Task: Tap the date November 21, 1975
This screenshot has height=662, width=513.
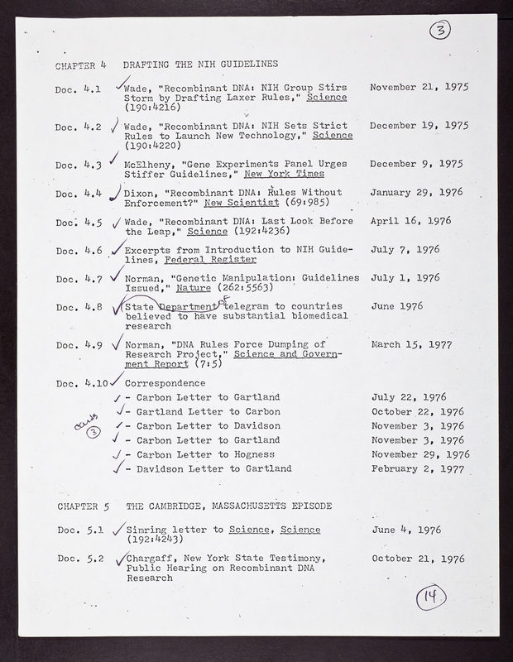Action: pos(420,87)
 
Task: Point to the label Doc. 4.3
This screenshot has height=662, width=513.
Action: pos(78,165)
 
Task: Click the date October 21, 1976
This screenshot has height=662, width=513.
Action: pos(419,558)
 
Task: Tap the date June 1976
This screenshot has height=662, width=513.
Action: pos(396,305)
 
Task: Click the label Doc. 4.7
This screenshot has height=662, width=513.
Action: pos(78,278)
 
